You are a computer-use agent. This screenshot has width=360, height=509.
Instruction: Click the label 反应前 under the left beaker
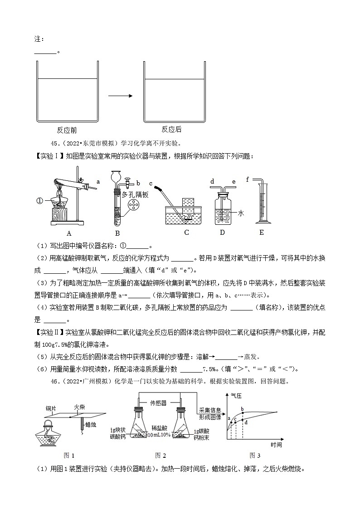pos(67,130)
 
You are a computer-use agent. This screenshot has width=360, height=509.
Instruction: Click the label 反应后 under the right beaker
pos(171,130)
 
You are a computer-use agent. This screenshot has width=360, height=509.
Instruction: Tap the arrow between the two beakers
pos(120,96)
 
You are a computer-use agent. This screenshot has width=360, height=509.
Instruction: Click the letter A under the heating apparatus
pos(69,233)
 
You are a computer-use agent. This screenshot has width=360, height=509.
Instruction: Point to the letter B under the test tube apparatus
pos(117,233)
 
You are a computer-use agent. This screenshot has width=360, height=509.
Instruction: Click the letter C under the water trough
pos(186,233)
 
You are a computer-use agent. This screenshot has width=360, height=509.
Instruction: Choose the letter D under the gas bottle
pos(222,233)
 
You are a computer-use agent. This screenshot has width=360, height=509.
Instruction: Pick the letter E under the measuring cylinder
pos(261,233)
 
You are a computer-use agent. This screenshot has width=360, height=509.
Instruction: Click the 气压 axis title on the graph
pos(236,396)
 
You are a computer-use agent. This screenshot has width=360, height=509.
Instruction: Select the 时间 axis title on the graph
pos(276,445)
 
